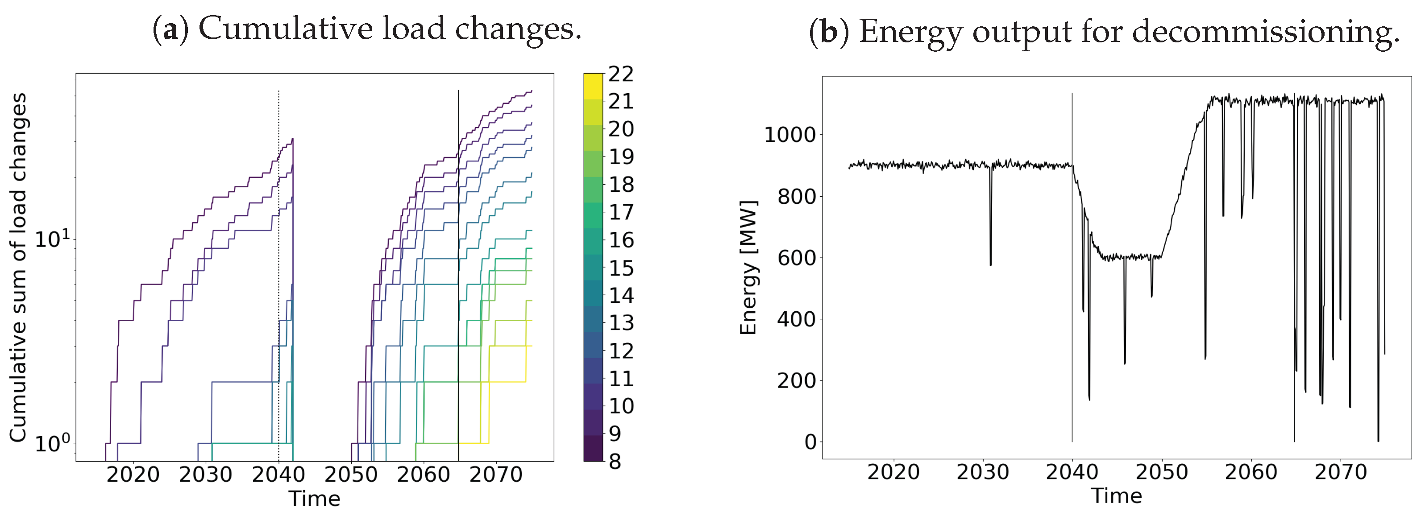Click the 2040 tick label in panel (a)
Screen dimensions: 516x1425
[278, 475]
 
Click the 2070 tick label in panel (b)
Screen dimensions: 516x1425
[1340, 472]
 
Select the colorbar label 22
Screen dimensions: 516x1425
[621, 74]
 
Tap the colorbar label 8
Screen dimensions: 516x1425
[615, 461]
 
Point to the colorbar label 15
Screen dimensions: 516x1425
[621, 268]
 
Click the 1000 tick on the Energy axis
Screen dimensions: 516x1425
[789, 134]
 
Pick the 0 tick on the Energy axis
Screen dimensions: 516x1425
[810, 442]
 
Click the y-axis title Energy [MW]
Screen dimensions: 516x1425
[748, 268]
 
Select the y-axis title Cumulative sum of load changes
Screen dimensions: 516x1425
[18, 268]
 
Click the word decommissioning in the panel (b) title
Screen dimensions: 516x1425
[1266, 32]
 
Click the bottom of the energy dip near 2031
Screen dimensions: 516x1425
[990, 264]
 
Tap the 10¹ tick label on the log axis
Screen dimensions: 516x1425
[53, 239]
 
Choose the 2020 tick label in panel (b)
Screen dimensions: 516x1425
[893, 472]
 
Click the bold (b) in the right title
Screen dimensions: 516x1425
[829, 32]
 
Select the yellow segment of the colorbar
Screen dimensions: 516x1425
[593, 86]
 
